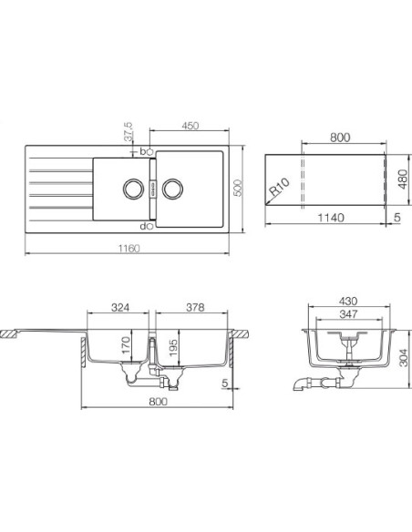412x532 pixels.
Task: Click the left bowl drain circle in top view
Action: click(x=130, y=189)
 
